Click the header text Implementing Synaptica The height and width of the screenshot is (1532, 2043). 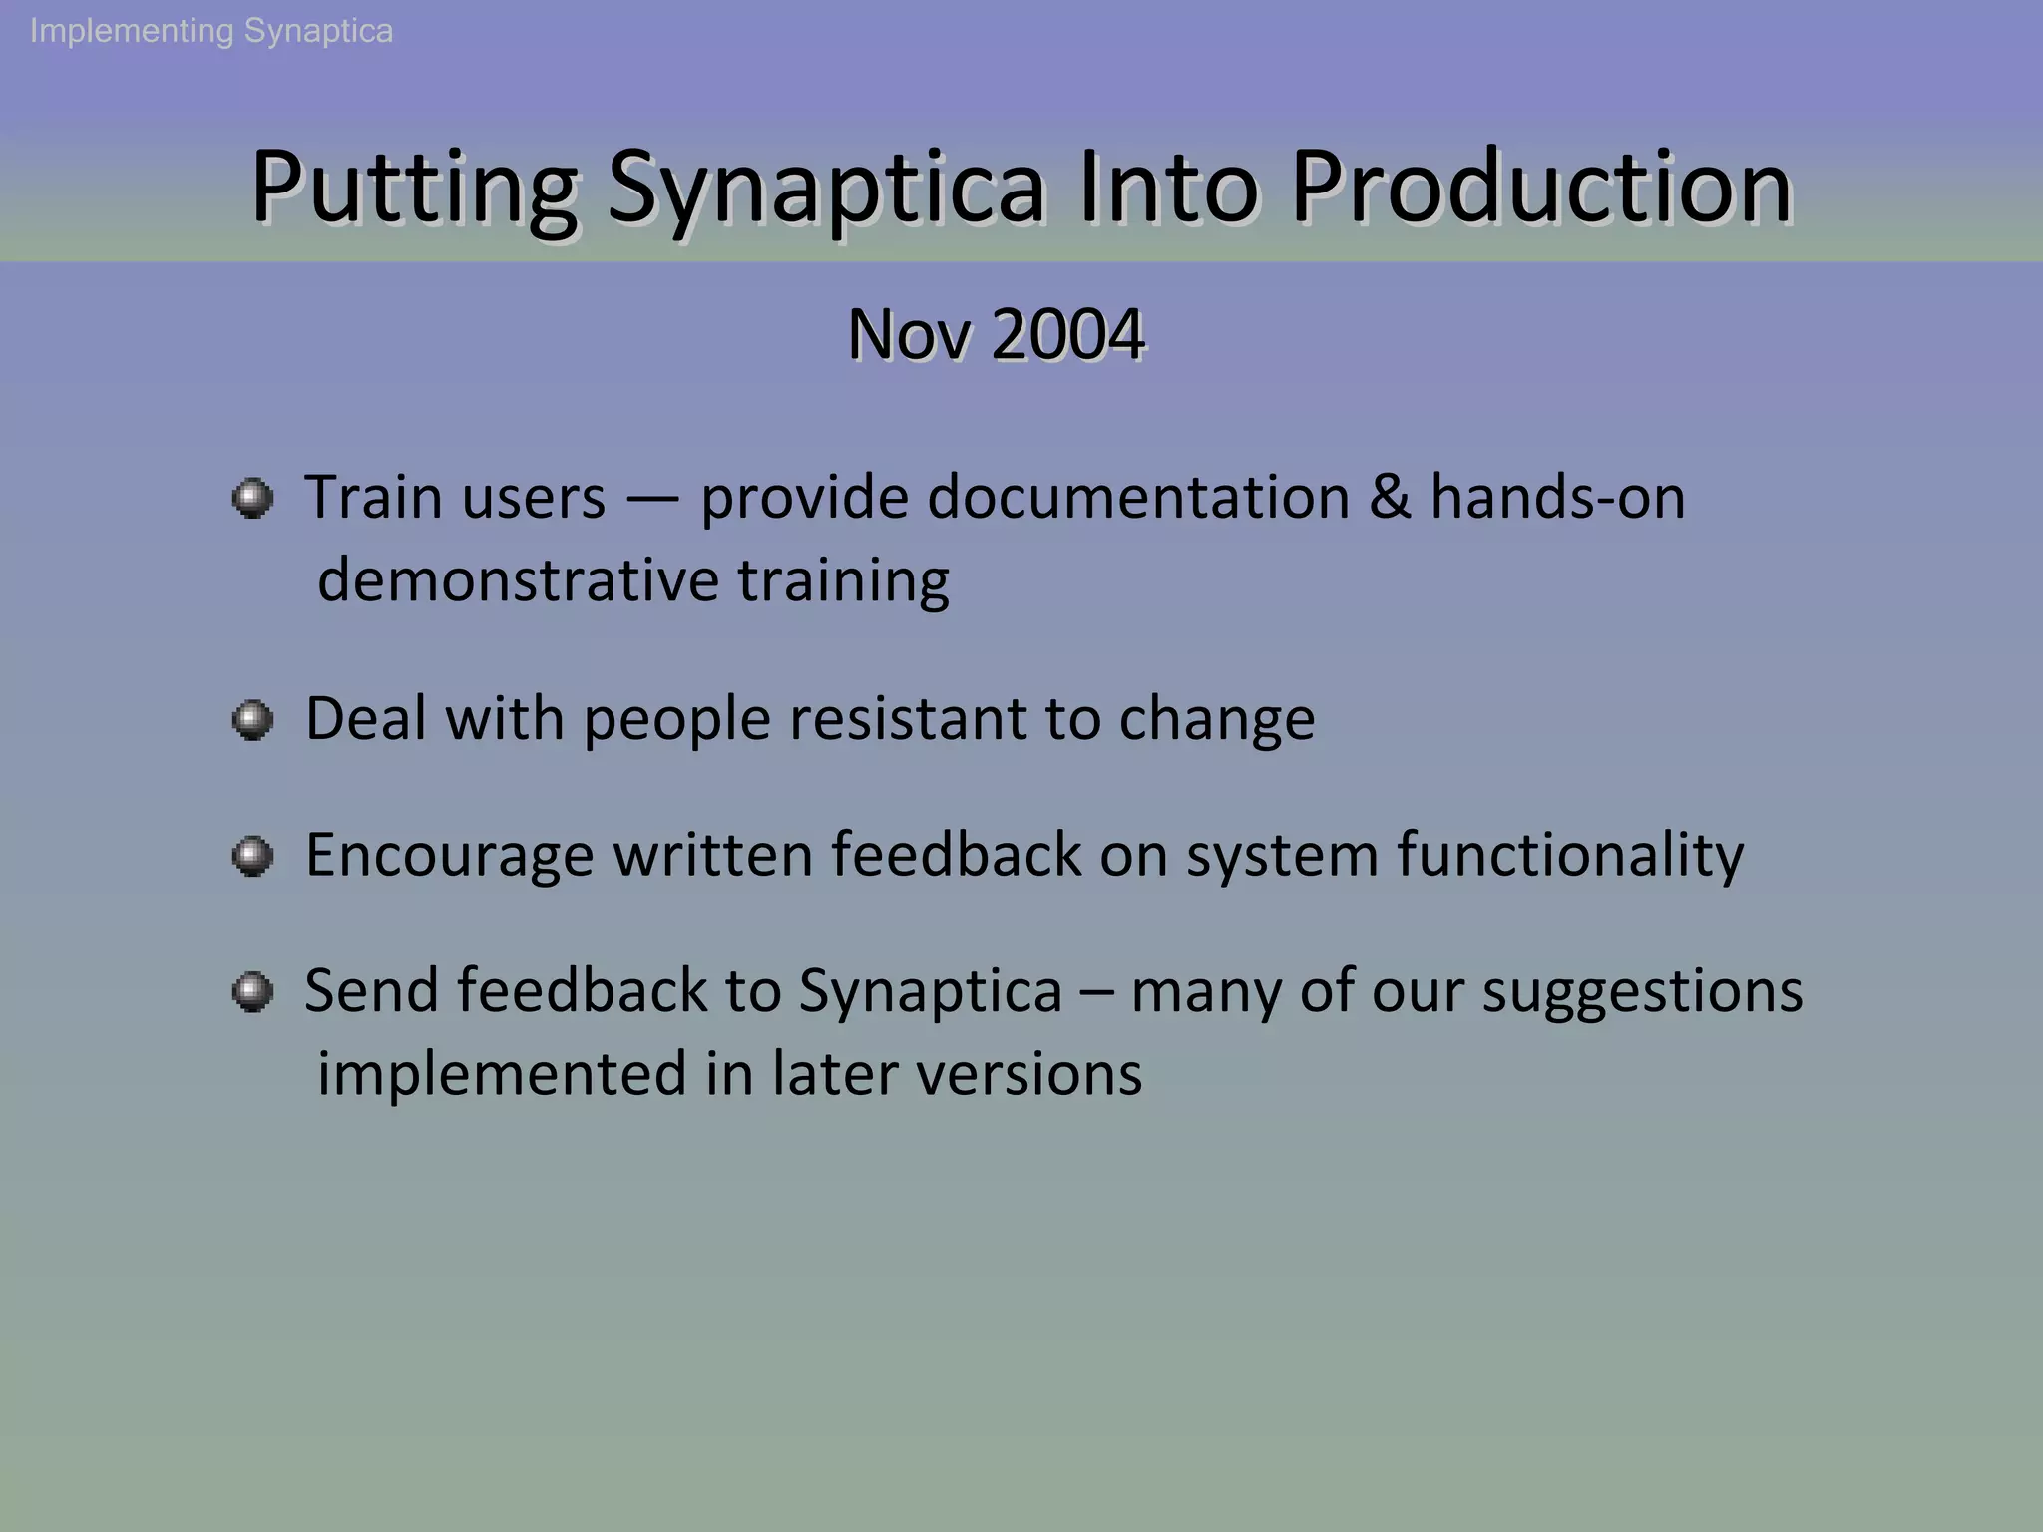211,31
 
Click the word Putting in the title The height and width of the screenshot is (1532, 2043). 413,188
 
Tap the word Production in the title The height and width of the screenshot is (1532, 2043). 1541,188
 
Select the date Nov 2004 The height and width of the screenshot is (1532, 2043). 996,334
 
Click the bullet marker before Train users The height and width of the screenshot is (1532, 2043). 252,498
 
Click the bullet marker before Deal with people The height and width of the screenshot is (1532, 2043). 252,719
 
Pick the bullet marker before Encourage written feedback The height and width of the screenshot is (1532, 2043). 252,856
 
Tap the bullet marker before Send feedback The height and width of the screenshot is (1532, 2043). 252,991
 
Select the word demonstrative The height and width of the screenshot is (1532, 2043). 518,579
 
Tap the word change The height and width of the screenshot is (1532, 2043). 1216,720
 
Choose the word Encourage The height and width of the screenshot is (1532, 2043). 449,856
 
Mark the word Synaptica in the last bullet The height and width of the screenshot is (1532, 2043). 930,992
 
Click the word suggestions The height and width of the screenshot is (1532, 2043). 1642,992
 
